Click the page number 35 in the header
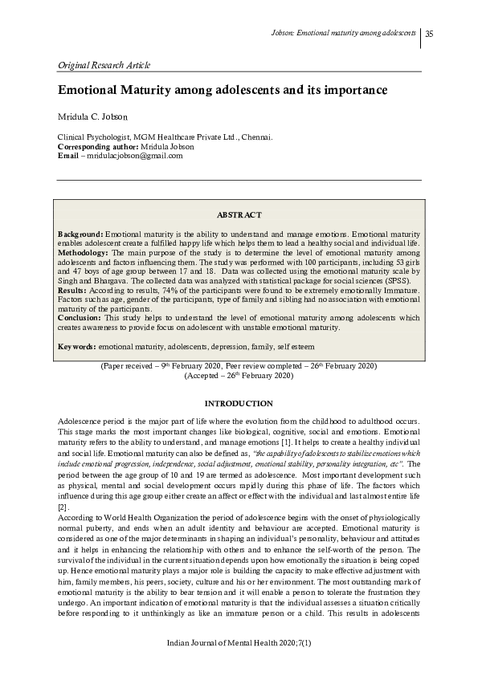point(429,34)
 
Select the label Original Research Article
point(104,65)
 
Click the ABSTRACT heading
point(239,215)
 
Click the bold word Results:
point(72,289)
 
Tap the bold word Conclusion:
point(79,317)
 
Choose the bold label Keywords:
point(77,346)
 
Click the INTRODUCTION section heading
point(239,403)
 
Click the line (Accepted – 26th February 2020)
point(239,375)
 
